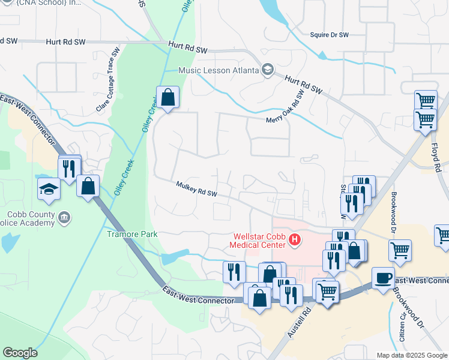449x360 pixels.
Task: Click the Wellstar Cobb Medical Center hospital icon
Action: coord(295,241)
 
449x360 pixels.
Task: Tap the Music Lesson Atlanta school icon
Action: coord(268,71)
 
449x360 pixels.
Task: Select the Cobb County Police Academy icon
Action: coord(65,217)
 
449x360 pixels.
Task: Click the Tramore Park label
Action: coord(132,234)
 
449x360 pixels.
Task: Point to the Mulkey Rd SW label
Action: coord(196,189)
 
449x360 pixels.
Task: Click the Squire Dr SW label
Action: coord(330,35)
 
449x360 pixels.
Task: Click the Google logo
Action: coord(20,353)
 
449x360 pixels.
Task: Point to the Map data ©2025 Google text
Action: coord(412,355)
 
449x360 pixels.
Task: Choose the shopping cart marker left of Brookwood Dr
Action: coord(400,250)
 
